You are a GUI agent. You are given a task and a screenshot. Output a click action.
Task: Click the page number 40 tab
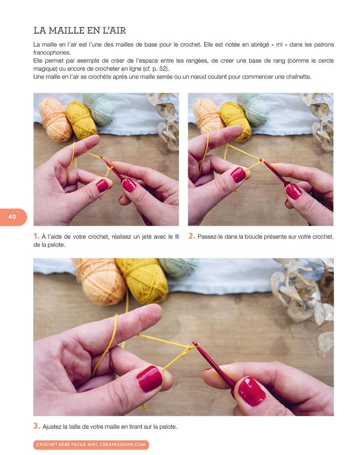coord(12,217)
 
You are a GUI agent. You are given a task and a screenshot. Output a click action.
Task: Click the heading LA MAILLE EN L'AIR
coord(80,30)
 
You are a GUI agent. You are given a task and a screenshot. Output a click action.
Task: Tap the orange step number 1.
coord(36,236)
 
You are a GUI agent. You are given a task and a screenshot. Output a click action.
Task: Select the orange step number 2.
coord(191,236)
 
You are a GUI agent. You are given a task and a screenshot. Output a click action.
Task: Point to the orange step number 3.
coord(36,426)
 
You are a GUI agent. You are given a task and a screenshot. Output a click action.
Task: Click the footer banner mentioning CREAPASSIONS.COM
coord(91,445)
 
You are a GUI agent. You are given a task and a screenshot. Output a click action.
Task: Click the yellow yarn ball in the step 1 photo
coord(81,119)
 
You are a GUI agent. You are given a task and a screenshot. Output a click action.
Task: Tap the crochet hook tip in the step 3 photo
coord(195,344)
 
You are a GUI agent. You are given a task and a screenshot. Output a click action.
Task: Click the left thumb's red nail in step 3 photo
coord(150,378)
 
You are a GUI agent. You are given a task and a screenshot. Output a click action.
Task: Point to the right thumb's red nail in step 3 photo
coord(251,391)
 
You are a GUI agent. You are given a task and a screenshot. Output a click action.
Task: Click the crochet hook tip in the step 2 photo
coord(262,160)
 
